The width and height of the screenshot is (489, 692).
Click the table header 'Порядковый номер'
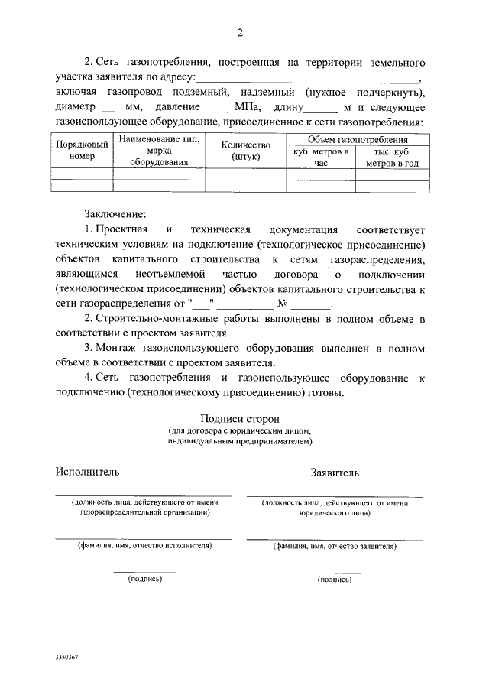[76, 151]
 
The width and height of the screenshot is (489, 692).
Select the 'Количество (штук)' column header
[246, 151]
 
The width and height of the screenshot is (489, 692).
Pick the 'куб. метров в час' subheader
[321, 158]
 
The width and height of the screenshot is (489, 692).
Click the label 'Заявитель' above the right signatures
[334, 473]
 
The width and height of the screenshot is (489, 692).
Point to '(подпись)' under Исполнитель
[144, 579]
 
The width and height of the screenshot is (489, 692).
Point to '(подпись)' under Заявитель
[334, 580]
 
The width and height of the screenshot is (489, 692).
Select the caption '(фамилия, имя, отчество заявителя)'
[334, 547]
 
